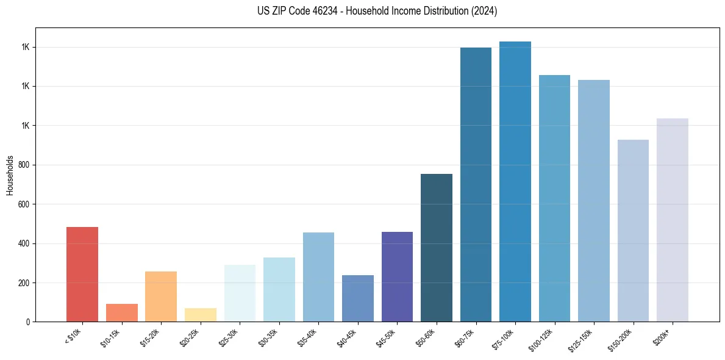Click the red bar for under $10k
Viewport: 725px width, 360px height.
pyautogui.click(x=82, y=275)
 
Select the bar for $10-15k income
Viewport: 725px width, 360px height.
pyautogui.click(x=122, y=312)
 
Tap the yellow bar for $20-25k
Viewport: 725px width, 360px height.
pyautogui.click(x=201, y=315)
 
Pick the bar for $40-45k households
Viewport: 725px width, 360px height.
pyautogui.click(x=358, y=298)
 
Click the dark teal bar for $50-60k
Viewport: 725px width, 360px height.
pyautogui.click(x=437, y=248)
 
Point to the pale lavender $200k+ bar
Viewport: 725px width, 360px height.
pyautogui.click(x=673, y=220)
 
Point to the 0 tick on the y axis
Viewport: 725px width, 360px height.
pyautogui.click(x=29, y=322)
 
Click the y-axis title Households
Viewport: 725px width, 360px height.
pyautogui.click(x=10, y=175)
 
